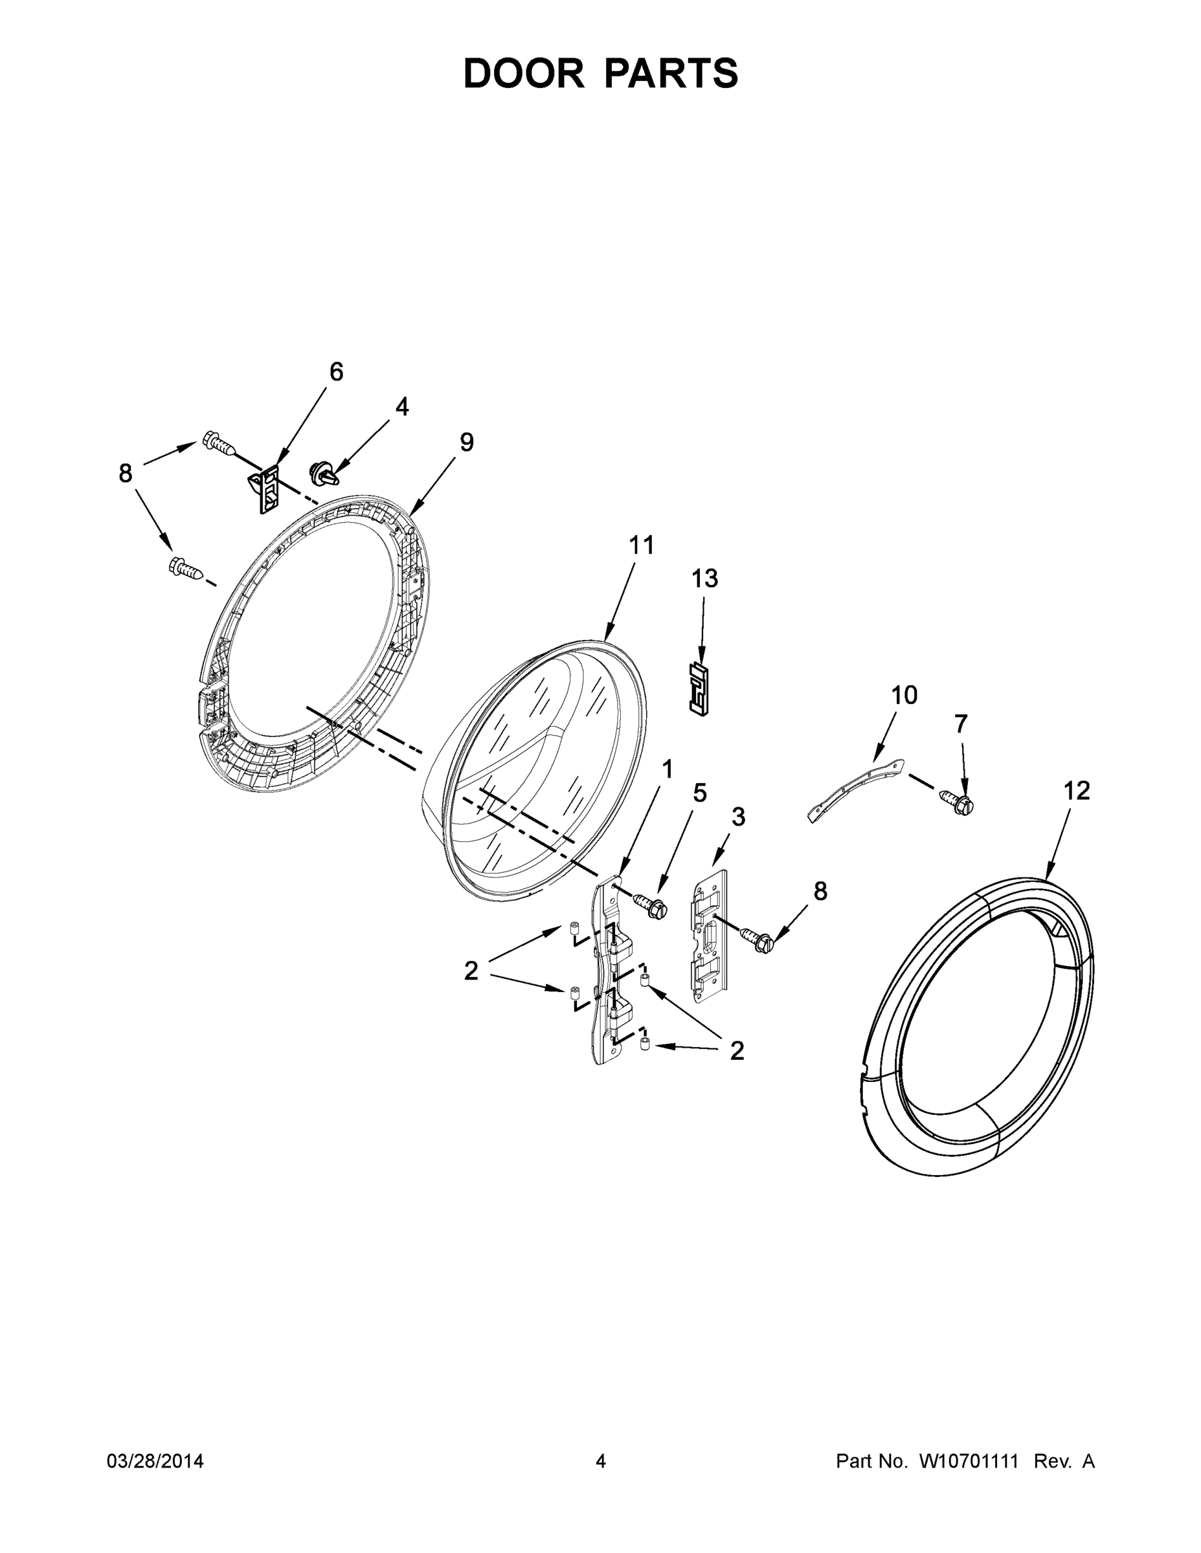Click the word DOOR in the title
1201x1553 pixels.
tap(524, 74)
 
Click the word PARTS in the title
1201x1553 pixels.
tap(671, 74)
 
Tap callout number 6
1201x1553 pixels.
tap(336, 372)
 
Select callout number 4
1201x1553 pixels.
tap(402, 408)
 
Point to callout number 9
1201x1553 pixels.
tap(466, 443)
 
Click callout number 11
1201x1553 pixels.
tap(641, 545)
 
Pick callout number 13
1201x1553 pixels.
tap(704, 579)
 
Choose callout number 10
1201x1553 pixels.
tap(904, 695)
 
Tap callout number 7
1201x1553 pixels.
tap(961, 724)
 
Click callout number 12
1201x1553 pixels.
tap(1077, 791)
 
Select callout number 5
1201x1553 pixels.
tap(700, 793)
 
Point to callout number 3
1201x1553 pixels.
tap(739, 818)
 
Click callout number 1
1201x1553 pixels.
tap(668, 769)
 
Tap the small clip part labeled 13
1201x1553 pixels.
tap(700, 689)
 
